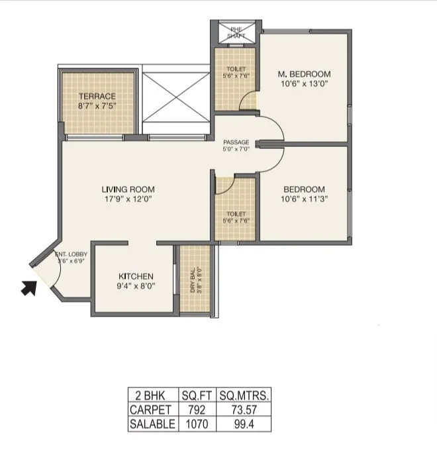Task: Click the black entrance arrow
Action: [x=29, y=287]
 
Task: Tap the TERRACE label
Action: [x=97, y=96]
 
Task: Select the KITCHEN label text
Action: [x=136, y=276]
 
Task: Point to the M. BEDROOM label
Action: [x=304, y=74]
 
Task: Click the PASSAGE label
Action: [x=236, y=142]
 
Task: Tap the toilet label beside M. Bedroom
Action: [x=236, y=69]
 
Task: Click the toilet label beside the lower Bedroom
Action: [x=236, y=213]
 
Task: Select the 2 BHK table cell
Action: [x=152, y=396]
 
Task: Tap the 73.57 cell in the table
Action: [x=244, y=410]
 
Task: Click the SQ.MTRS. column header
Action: [x=244, y=396]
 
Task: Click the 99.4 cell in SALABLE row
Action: [x=244, y=424]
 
